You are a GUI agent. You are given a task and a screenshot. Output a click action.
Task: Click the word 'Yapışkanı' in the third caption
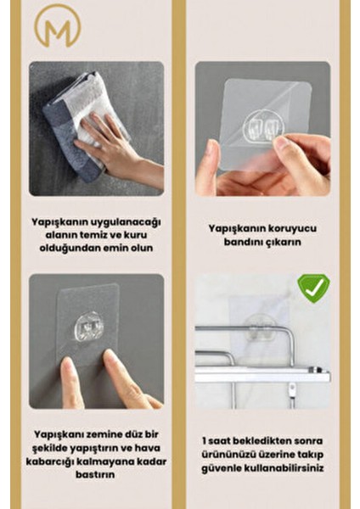click(x=60, y=434)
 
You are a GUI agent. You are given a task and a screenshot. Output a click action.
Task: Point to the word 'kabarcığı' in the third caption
click(x=62, y=461)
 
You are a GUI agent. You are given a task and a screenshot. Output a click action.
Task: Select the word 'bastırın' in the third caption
click(x=96, y=475)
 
